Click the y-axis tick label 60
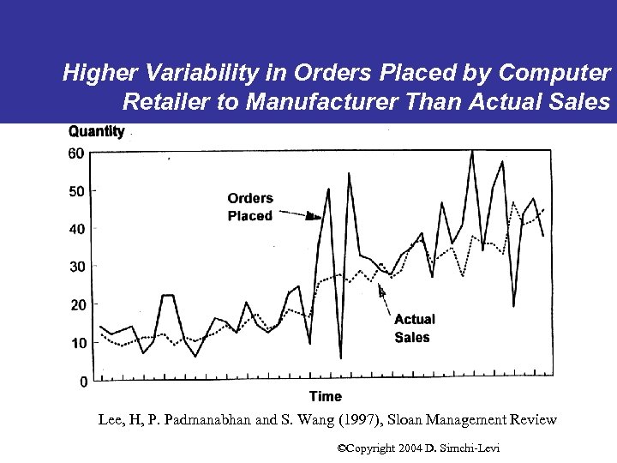76,153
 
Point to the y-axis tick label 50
76,191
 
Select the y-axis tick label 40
76,229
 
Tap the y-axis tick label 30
76,267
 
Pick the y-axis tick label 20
76,305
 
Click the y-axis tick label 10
76,343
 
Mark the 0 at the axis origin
83,382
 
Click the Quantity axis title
96,131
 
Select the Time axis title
325,396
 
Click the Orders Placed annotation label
250,207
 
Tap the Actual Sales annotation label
415,328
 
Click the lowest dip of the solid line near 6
340,357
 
